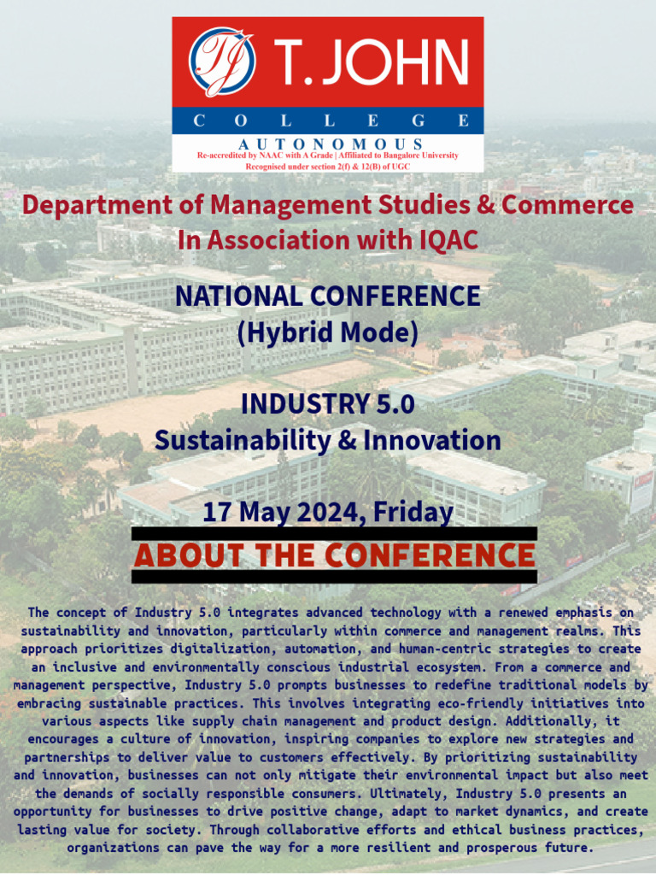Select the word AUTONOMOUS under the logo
coord(331,144)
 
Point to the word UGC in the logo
coord(400,167)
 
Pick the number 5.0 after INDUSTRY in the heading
coord(392,403)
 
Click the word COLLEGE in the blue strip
coord(328,120)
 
